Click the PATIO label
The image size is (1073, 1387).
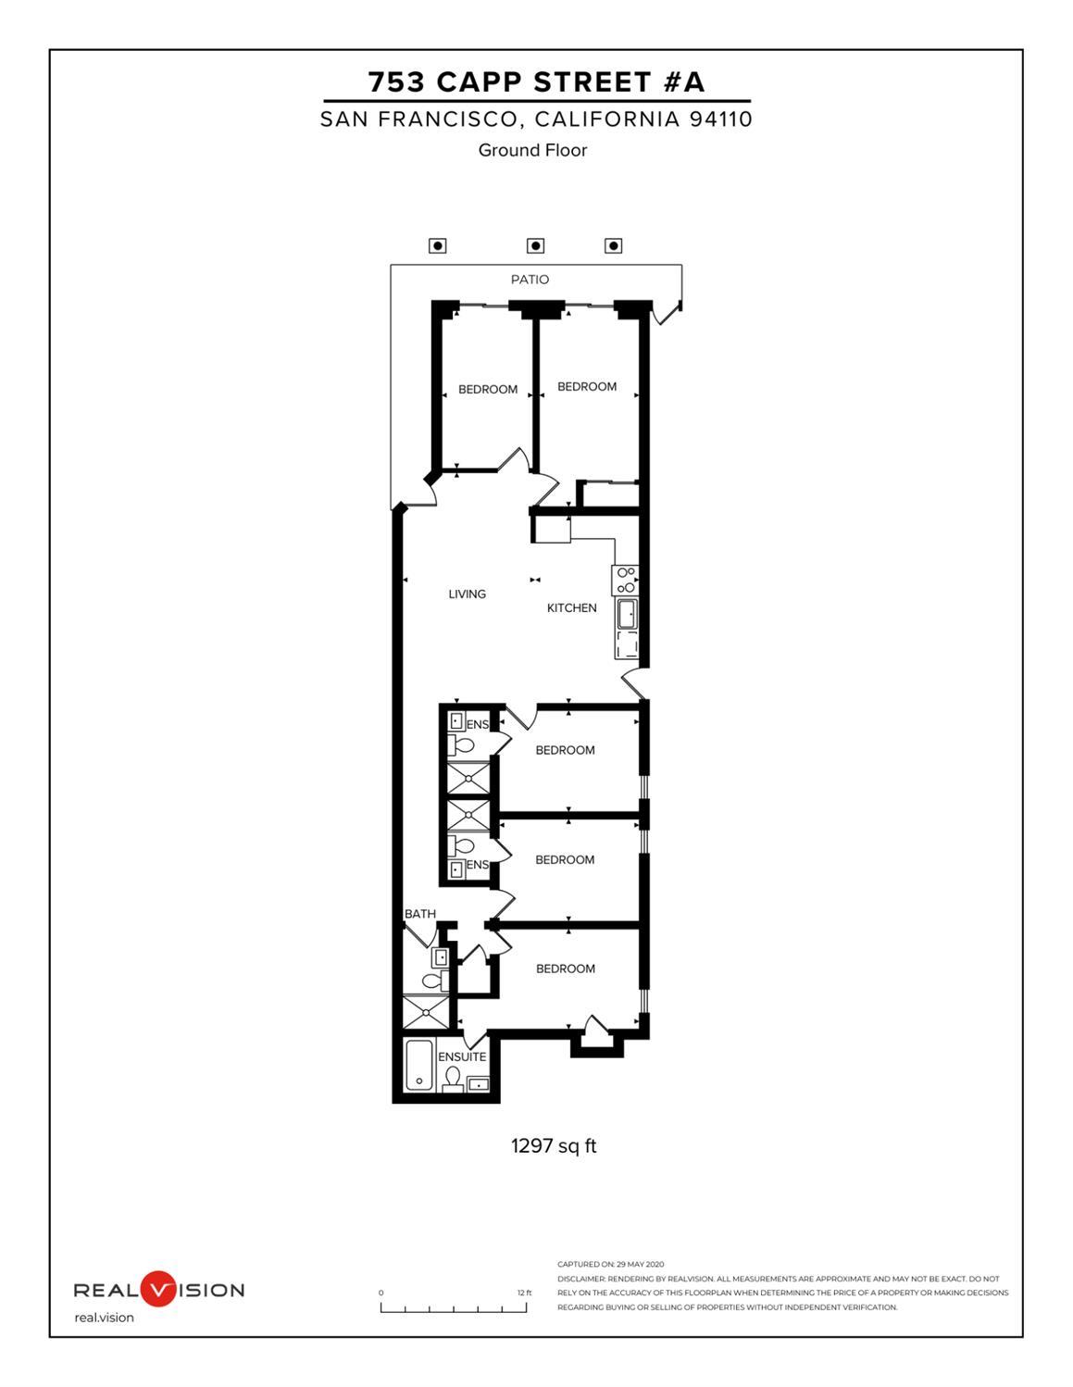[x=530, y=280]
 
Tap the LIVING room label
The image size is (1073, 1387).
[x=467, y=594]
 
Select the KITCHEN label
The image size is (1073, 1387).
[x=571, y=608]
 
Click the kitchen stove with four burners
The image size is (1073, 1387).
[x=626, y=580]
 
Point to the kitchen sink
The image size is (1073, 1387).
[x=627, y=613]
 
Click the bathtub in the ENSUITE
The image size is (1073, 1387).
[x=419, y=1065]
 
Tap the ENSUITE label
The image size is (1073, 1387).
[x=462, y=1056]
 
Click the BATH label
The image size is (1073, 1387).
[x=419, y=914]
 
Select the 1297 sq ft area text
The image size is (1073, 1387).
[x=554, y=1146]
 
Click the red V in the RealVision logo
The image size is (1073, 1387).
[x=158, y=1289]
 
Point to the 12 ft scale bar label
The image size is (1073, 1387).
[x=524, y=1293]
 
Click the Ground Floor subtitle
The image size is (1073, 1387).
[x=532, y=150]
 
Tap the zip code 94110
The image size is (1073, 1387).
[x=720, y=119]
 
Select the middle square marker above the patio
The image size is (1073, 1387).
[x=535, y=245]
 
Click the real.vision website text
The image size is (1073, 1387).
[x=104, y=1318]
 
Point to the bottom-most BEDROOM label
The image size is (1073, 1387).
[x=565, y=968]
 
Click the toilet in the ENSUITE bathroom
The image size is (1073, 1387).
[x=453, y=1079]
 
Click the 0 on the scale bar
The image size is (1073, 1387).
[x=381, y=1293]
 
